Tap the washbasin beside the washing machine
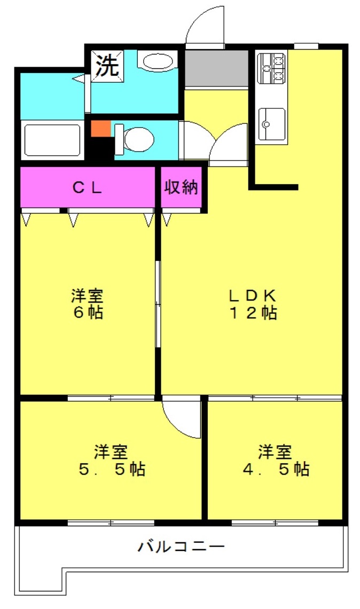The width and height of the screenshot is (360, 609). (x=158, y=61)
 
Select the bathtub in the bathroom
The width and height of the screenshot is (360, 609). (x=52, y=140)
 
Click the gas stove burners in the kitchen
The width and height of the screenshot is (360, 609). (x=272, y=68)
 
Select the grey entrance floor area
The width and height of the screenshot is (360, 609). (x=216, y=68)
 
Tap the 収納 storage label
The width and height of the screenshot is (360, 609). (x=181, y=187)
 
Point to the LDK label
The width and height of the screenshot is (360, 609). (x=252, y=296)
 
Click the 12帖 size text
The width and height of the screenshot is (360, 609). (x=253, y=313)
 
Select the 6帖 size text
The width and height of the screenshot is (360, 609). (x=88, y=312)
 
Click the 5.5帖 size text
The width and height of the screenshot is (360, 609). (x=112, y=469)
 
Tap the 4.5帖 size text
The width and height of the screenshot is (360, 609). (x=276, y=469)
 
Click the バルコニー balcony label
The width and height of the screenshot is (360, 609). (x=181, y=547)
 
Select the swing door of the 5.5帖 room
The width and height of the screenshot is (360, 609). (x=181, y=417)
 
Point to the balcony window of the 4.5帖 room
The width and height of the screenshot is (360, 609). (x=275, y=523)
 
